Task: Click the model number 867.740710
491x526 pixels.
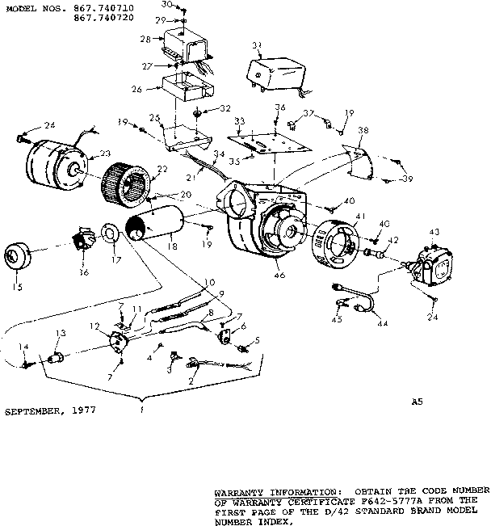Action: (103, 6)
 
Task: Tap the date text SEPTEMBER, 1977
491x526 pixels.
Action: (50, 410)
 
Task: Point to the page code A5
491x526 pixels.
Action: (416, 401)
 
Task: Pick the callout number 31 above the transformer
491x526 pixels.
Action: (257, 44)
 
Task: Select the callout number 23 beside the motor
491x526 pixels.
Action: (105, 153)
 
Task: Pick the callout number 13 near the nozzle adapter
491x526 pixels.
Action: (60, 334)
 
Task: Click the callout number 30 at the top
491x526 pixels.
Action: (166, 4)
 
